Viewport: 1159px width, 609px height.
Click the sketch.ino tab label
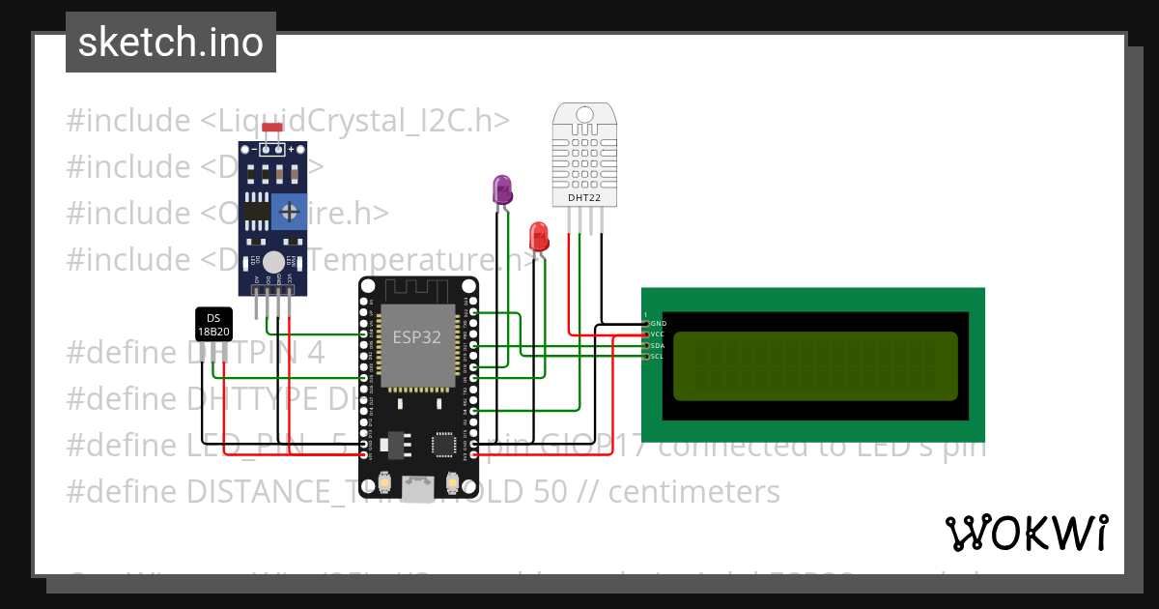coord(171,43)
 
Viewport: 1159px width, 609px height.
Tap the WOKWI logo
coord(1026,533)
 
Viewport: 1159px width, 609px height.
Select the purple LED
coord(502,189)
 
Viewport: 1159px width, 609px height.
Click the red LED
coord(539,236)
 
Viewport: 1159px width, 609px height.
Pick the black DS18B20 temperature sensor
coord(213,325)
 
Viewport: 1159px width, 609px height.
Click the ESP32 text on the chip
coord(416,337)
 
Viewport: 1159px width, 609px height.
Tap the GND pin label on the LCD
coord(658,324)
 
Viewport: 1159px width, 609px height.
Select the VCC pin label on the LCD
coord(658,334)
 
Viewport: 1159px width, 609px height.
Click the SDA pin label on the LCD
coord(658,345)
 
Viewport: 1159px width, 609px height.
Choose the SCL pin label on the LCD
coord(658,357)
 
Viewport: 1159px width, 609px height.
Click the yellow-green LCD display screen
coord(815,366)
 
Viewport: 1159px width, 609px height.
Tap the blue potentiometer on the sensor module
coord(288,211)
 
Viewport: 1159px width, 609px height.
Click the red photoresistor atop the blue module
coord(272,128)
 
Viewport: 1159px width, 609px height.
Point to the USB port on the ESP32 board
coord(418,489)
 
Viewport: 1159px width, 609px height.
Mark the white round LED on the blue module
coord(274,261)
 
